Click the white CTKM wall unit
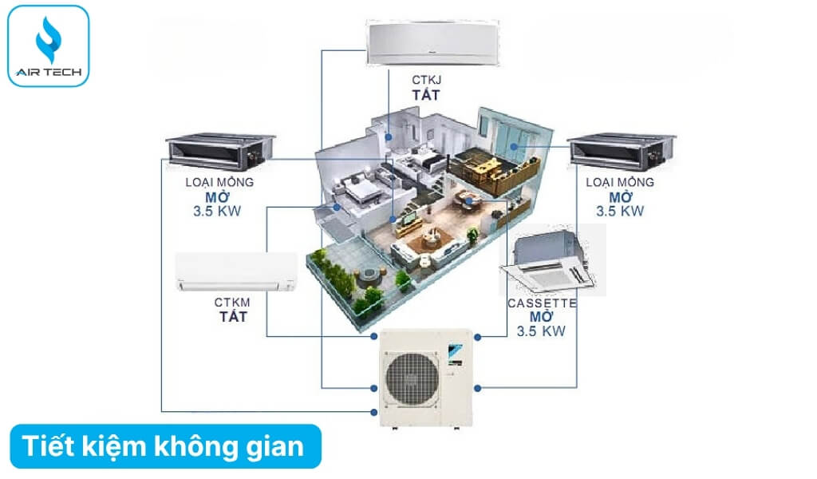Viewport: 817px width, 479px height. coord(236,273)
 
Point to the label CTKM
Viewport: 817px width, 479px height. coord(233,303)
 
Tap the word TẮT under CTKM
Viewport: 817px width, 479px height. coord(233,316)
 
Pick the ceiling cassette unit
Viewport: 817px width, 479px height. coord(547,263)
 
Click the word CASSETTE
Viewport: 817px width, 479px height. coord(542,303)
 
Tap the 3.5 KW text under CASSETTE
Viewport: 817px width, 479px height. coord(542,331)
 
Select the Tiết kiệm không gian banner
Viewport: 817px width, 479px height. coord(164,446)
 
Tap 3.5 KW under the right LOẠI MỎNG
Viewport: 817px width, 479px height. coord(620,212)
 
